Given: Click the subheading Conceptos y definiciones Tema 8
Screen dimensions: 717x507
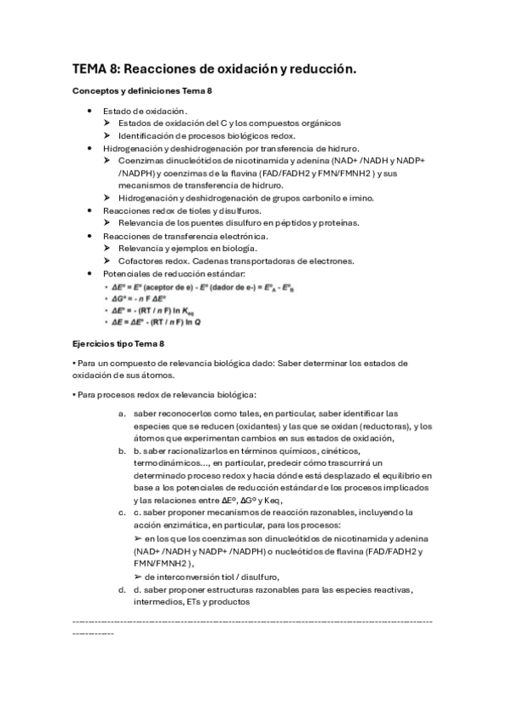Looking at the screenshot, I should pos(141,90).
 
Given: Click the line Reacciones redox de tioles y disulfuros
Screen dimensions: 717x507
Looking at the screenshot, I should pos(182,210).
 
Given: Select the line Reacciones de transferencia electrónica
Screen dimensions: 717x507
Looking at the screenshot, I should pos(185,235).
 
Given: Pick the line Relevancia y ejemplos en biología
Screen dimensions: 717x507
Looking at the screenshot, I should pos(187,248).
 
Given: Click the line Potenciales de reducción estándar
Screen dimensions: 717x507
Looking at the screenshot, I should pos(174,273).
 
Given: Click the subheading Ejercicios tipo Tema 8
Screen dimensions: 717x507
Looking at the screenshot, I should pos(125,343).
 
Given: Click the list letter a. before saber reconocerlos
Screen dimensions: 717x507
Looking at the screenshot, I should pos(123,413).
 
